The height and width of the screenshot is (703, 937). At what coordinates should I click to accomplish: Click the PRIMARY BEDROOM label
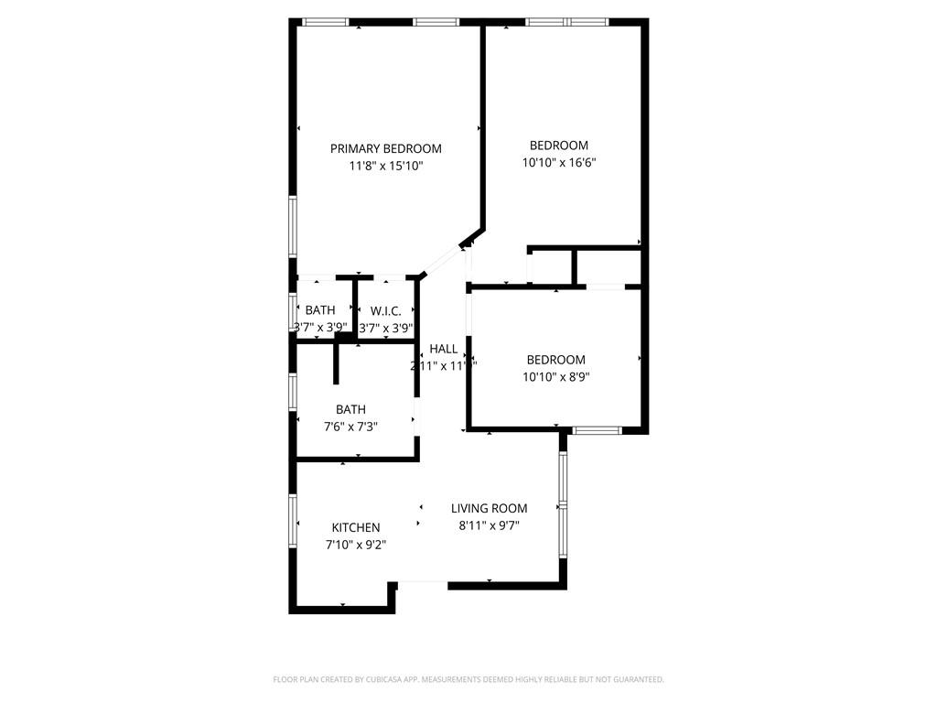tap(385, 148)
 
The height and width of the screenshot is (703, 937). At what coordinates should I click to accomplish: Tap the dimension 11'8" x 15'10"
tap(385, 166)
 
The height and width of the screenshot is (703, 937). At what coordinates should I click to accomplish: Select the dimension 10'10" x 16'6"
tap(559, 162)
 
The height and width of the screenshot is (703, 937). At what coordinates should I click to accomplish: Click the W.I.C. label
tap(385, 310)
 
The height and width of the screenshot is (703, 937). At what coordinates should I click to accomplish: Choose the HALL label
tap(443, 349)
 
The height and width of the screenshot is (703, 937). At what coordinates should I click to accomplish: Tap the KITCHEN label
tap(355, 527)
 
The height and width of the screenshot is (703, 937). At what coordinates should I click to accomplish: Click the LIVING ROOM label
tap(489, 508)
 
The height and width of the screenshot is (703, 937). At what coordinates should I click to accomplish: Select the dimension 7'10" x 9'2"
tap(355, 545)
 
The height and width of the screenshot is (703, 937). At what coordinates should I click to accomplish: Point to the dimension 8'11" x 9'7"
tap(489, 525)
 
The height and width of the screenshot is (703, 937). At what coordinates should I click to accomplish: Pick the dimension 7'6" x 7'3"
tap(350, 426)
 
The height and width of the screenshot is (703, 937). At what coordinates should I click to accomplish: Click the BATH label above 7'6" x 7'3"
tap(350, 409)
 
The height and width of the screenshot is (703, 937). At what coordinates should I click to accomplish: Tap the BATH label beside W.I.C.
tap(320, 310)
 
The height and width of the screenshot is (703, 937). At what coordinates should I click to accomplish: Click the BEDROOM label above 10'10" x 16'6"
tap(559, 145)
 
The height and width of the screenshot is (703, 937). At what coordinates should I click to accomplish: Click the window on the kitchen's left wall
tap(294, 522)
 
